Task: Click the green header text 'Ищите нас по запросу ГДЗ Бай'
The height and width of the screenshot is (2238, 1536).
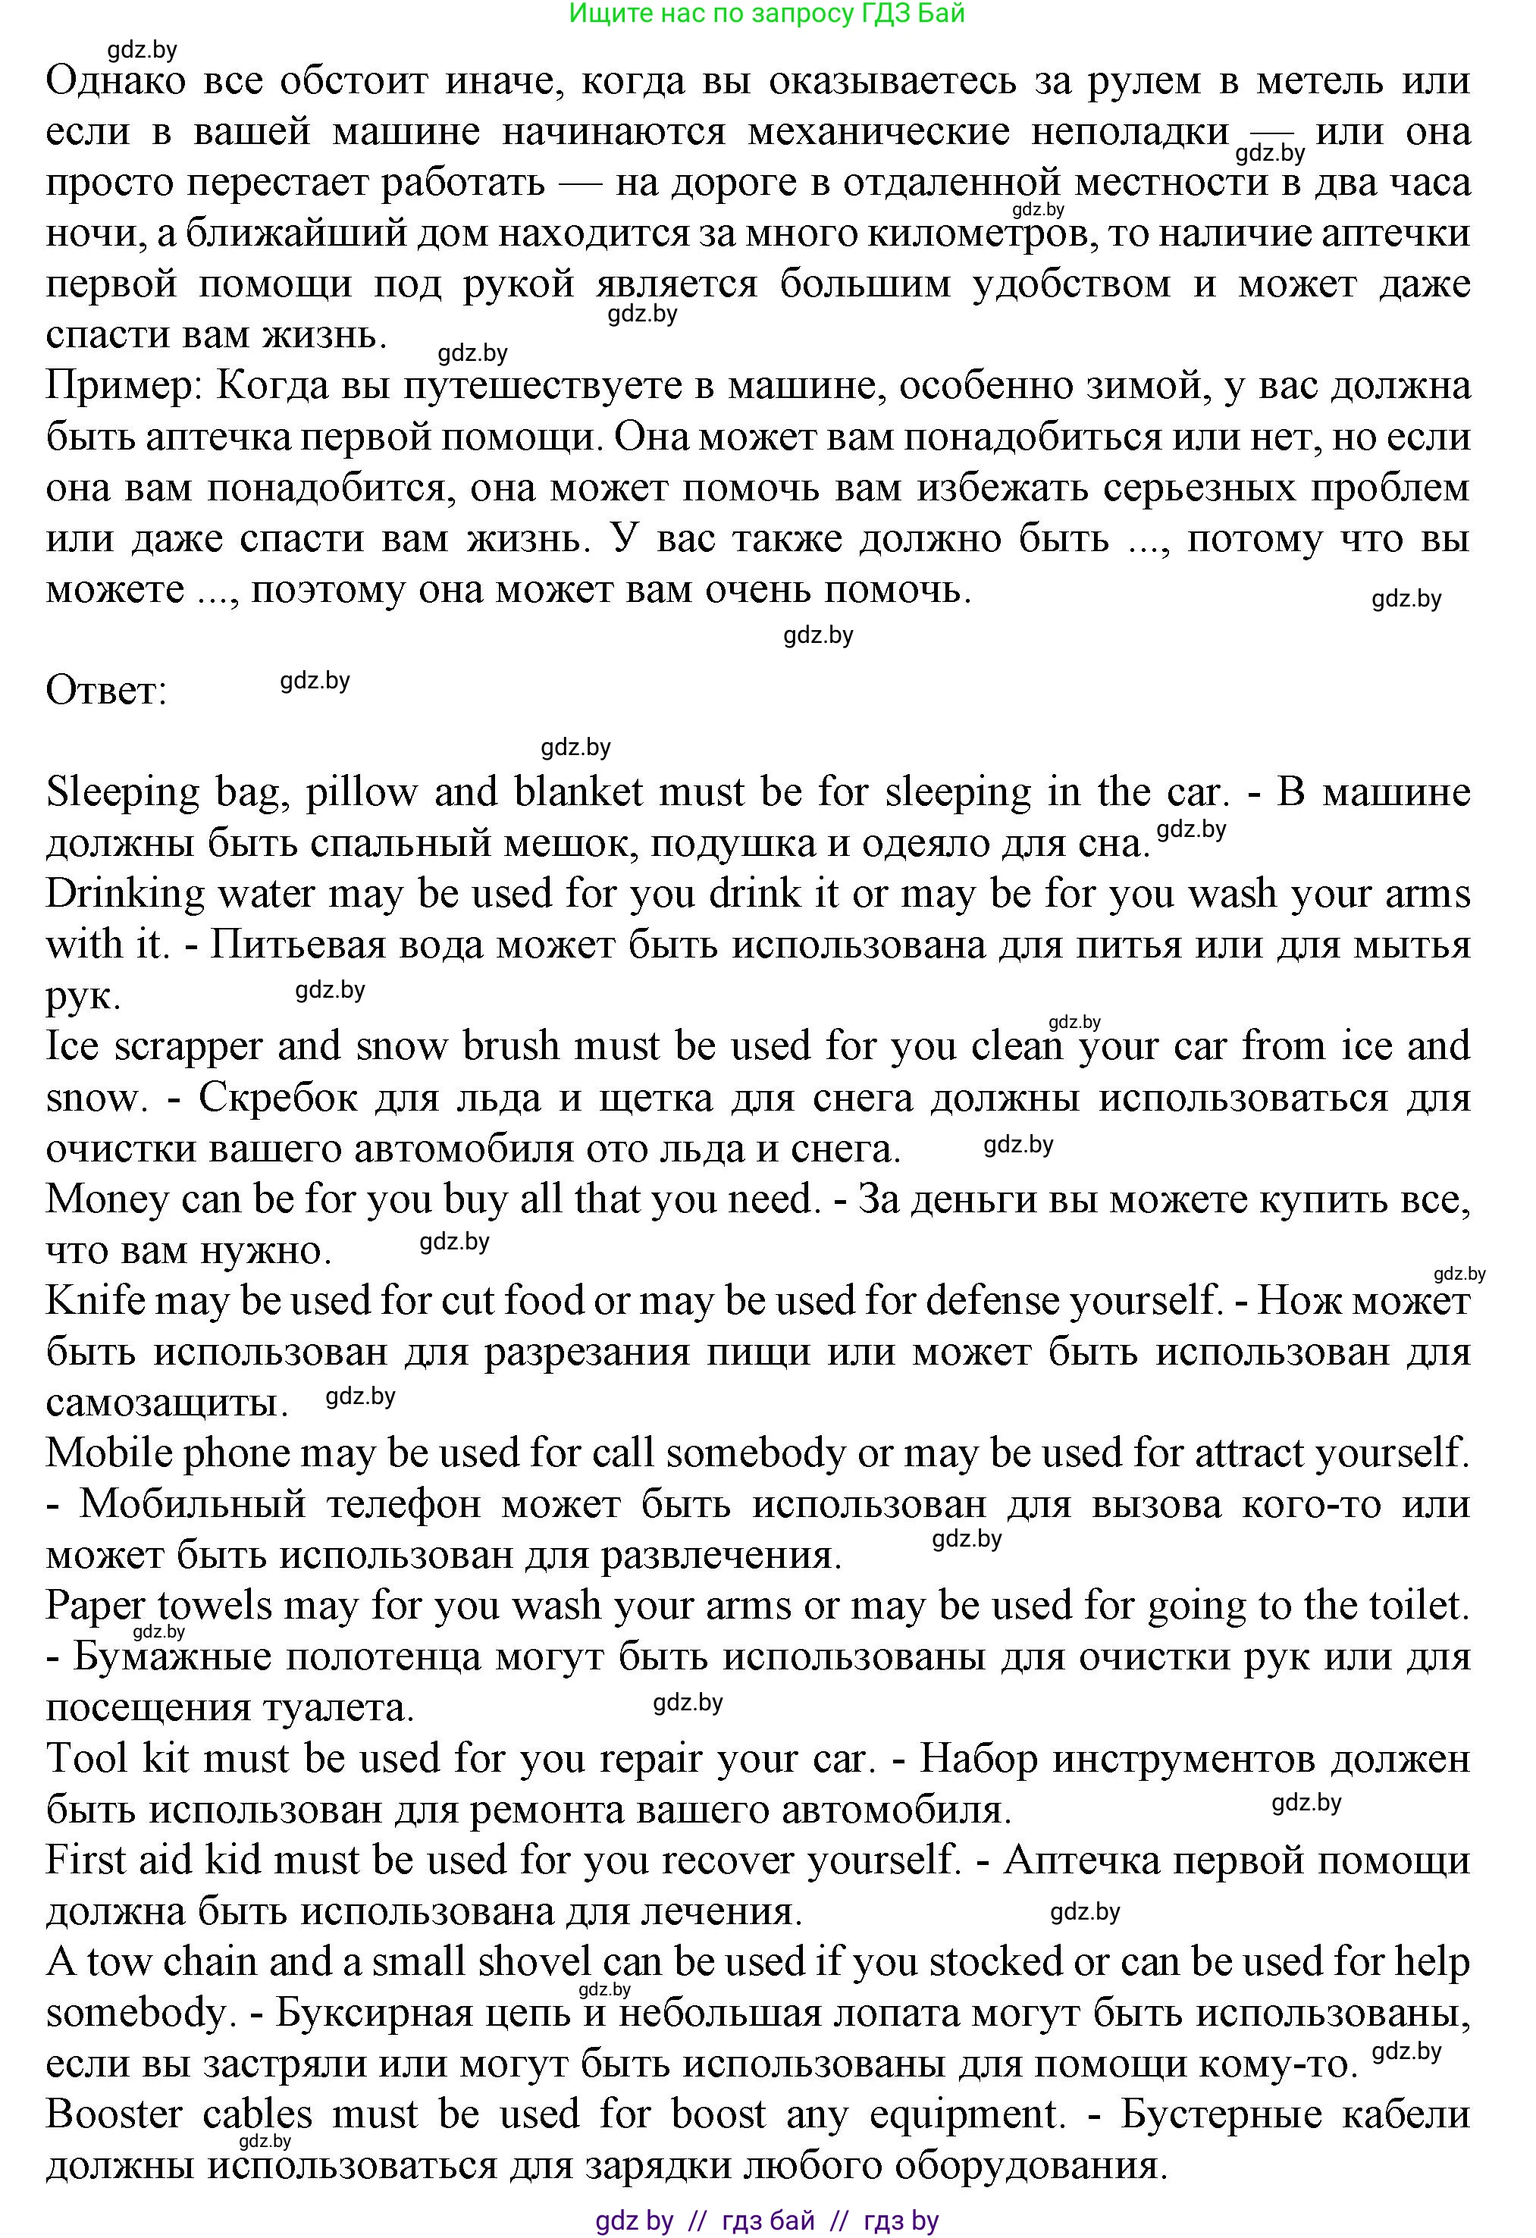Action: [766, 14]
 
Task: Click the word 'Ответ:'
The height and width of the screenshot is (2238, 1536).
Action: [106, 691]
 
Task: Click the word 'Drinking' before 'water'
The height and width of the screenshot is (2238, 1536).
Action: [125, 894]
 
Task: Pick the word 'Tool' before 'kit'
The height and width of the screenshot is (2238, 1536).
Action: [86, 1760]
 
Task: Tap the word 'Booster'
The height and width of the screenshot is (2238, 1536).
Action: [114, 2114]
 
